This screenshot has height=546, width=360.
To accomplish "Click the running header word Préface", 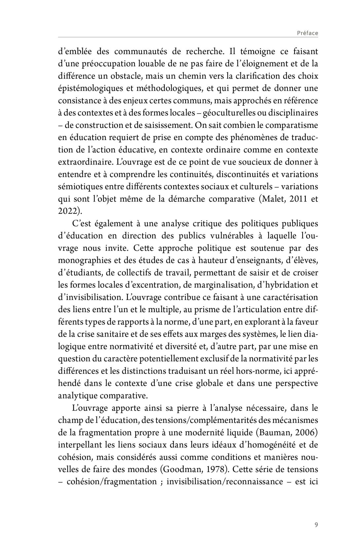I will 307,33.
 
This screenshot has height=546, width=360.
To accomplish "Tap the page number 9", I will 316,525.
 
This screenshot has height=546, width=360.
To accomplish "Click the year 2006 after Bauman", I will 306,433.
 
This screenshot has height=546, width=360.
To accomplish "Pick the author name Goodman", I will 179,469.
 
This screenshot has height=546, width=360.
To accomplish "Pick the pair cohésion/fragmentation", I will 112,482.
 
